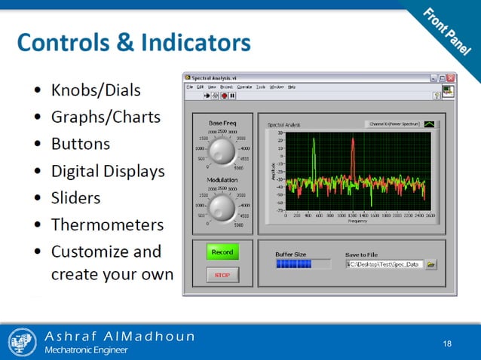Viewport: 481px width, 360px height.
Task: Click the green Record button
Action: pyautogui.click(x=222, y=252)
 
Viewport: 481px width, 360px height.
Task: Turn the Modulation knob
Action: pyautogui.click(x=222, y=206)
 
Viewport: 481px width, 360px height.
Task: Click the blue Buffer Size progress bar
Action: pyautogui.click(x=302, y=264)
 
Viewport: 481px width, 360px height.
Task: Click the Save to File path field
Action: pyautogui.click(x=384, y=264)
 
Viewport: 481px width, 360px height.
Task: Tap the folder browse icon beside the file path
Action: pyautogui.click(x=431, y=264)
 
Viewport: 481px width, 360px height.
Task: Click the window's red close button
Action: pyautogui.click(x=451, y=77)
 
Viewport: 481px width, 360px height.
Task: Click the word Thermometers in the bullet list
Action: pyautogui.click(x=107, y=224)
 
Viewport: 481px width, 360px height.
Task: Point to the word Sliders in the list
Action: pyautogui.click(x=75, y=198)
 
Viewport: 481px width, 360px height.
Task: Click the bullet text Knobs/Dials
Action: pyautogui.click(x=95, y=90)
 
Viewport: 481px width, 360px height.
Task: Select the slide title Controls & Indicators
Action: pyautogui.click(x=133, y=42)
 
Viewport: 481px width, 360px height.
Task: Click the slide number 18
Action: pyautogui.click(x=447, y=344)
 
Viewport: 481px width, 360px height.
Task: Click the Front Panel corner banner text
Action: pyautogui.click(x=451, y=34)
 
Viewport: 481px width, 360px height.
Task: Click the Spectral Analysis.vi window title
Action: pyautogui.click(x=216, y=77)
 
